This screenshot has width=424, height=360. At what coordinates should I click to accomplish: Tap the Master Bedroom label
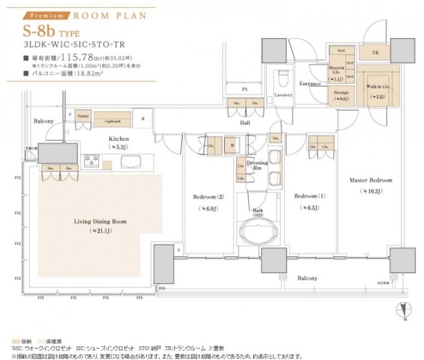(371, 181)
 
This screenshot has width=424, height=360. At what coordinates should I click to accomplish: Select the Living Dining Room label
(100, 221)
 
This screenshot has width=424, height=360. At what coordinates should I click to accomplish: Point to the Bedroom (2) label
(207, 196)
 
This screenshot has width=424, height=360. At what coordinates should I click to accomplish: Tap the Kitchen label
(119, 139)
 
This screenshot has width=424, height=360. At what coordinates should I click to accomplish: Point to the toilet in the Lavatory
(282, 80)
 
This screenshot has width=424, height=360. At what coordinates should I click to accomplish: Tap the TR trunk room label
(375, 52)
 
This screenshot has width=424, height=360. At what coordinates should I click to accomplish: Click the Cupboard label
(112, 121)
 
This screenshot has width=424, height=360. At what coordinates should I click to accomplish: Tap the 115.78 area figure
(89, 58)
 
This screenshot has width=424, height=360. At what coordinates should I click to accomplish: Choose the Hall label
(245, 122)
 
